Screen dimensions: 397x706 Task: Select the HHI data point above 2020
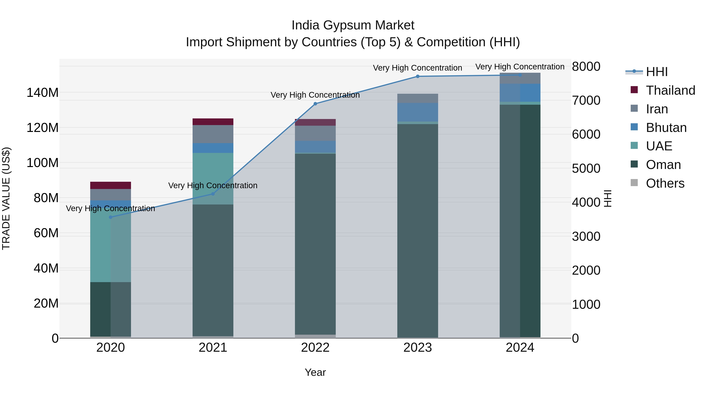pyautogui.click(x=111, y=217)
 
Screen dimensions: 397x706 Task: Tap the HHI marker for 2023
pyautogui.click(x=418, y=76)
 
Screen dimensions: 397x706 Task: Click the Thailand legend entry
pyautogui.click(x=670, y=90)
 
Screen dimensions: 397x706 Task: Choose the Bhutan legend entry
pyautogui.click(x=666, y=128)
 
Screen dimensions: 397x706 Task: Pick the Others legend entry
pyautogui.click(x=665, y=183)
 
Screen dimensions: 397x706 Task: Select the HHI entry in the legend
pyautogui.click(x=657, y=72)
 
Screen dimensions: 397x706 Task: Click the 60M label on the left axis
pyautogui.click(x=46, y=233)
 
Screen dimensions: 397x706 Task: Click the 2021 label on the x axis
pyautogui.click(x=213, y=348)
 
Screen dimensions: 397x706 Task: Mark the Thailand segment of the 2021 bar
pyautogui.click(x=213, y=122)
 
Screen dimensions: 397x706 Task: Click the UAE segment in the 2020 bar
pyautogui.click(x=111, y=247)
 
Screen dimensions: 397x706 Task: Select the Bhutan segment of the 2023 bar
pyautogui.click(x=418, y=112)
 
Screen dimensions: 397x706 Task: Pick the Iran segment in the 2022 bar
pyautogui.click(x=315, y=133)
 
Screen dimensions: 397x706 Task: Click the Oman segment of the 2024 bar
pyautogui.click(x=520, y=219)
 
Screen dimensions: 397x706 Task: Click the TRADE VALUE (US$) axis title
pyautogui.click(x=6, y=198)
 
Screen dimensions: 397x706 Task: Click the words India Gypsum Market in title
pyautogui.click(x=353, y=25)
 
